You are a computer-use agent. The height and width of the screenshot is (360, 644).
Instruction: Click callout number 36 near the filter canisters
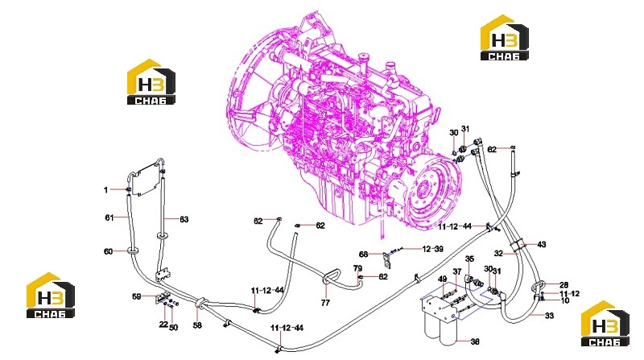(x=475, y=341)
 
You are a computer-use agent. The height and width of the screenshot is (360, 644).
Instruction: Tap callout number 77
(x=325, y=303)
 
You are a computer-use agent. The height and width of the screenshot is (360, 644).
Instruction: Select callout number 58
(x=197, y=325)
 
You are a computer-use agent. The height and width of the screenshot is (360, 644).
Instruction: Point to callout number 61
(x=109, y=217)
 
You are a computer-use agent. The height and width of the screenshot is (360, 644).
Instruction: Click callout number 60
(x=109, y=251)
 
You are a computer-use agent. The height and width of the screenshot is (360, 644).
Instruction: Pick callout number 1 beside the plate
(x=106, y=189)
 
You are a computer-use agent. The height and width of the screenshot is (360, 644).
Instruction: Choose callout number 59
(x=137, y=296)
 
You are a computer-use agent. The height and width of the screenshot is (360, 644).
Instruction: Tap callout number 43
(x=542, y=245)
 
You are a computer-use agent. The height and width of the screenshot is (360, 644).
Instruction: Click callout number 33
(x=549, y=316)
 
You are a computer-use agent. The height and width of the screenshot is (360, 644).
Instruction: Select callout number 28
(x=564, y=285)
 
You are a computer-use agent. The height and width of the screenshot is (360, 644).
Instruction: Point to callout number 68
(x=364, y=254)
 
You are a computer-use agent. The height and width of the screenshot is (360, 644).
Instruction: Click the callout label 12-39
(x=433, y=249)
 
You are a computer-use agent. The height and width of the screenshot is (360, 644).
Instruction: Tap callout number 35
(x=469, y=259)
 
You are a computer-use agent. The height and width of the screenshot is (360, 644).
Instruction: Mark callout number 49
(x=442, y=279)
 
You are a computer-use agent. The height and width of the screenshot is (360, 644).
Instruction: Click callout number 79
(x=357, y=268)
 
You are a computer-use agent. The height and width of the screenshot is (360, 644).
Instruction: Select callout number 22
(x=163, y=325)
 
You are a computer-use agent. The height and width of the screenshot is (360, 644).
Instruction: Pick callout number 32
(x=498, y=254)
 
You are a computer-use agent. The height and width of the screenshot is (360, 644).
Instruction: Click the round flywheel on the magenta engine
(x=431, y=193)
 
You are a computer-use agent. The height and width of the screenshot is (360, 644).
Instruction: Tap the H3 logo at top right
(x=505, y=38)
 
